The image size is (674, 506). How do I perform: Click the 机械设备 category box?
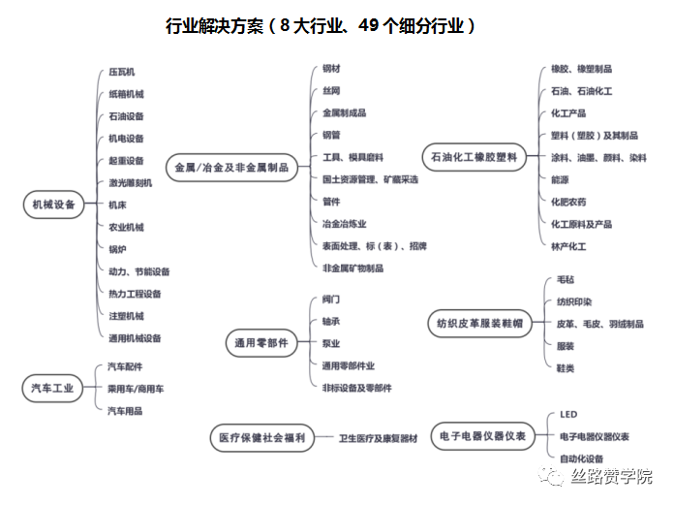click(x=53, y=205)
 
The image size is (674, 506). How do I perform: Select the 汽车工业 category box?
click(x=53, y=389)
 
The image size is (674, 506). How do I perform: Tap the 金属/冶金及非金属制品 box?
click(x=231, y=168)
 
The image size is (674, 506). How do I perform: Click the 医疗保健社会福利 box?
click(x=260, y=438)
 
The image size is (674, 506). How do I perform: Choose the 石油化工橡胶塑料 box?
click(x=473, y=156)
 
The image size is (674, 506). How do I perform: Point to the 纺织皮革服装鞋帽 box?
click(x=479, y=324)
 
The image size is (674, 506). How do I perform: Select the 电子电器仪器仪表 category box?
click(x=481, y=437)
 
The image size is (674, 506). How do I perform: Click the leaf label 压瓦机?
click(x=122, y=73)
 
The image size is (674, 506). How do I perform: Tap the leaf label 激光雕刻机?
click(x=131, y=183)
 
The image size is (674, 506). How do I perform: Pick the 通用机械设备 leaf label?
click(x=135, y=338)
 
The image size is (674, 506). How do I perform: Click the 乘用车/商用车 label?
click(x=136, y=389)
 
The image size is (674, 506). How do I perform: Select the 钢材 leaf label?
click(x=331, y=69)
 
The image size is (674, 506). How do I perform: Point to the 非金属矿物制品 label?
click(x=352, y=268)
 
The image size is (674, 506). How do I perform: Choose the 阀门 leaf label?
click(x=331, y=300)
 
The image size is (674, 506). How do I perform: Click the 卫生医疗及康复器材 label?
click(x=378, y=439)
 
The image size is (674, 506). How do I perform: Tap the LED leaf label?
click(x=567, y=415)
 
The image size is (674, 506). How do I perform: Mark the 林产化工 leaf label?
click(x=568, y=247)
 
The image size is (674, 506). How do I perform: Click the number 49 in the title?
click(x=368, y=26)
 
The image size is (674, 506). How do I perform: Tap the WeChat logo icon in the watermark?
click(x=553, y=477)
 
